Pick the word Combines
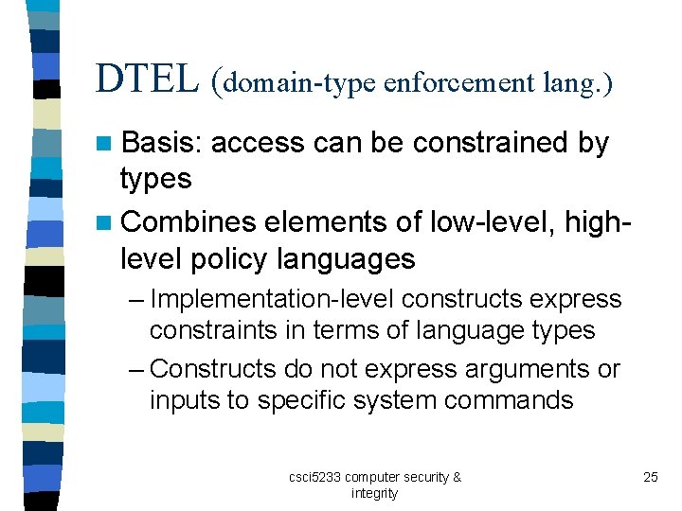coord(189,221)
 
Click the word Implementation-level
coord(273,299)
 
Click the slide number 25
coord(650,477)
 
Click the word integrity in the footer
coord(374,493)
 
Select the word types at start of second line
coord(156,179)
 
